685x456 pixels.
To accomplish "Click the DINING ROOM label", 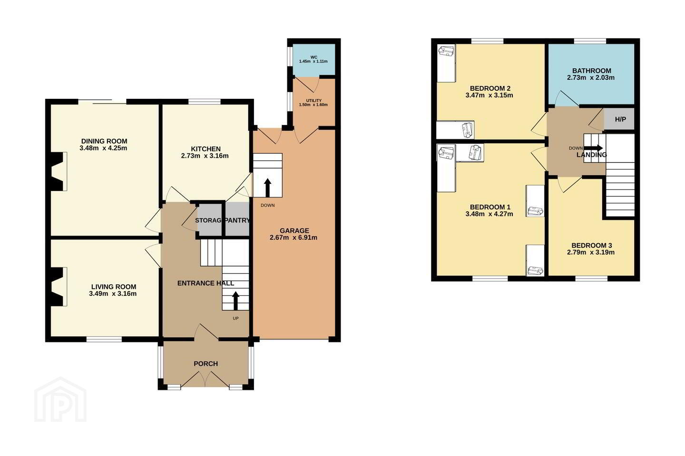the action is point(104,141).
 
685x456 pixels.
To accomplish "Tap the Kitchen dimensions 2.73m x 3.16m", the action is point(205,156).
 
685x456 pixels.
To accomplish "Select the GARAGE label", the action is point(294,230).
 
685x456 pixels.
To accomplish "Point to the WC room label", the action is point(314,57).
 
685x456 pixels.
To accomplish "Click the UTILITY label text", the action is point(314,101).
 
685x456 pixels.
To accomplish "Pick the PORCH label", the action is point(206,364).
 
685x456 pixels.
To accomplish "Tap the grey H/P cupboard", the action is point(619,119).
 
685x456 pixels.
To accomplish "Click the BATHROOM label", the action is point(592,71).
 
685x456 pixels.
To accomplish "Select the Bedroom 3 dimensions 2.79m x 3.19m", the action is point(591,252).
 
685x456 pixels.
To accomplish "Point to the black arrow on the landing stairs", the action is point(593,148).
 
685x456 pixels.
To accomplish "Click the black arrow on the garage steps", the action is point(267,188).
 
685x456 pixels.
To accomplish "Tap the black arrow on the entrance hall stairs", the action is point(235,301).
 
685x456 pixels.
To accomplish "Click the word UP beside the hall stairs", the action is point(235,318).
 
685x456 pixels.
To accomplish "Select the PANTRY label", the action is point(238,220).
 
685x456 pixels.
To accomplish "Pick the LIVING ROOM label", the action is point(114,287).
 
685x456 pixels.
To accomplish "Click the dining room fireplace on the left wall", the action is point(58,171).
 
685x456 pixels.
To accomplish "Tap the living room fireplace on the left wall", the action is point(58,286).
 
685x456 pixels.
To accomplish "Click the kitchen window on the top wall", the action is point(205,101).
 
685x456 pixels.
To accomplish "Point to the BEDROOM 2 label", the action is point(490,88).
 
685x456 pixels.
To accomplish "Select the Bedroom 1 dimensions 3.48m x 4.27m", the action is point(489,214).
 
